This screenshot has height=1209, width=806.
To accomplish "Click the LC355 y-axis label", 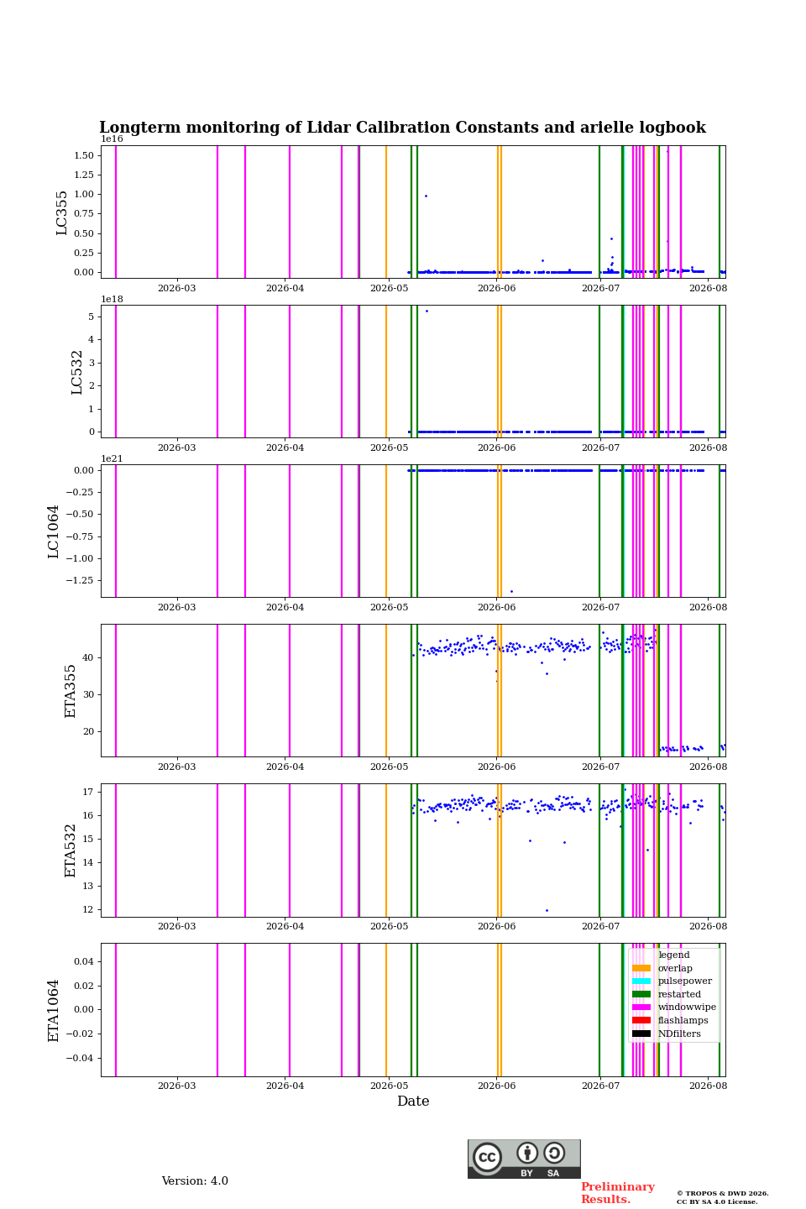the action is point(61,212).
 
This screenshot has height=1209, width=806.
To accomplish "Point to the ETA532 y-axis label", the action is point(71,850).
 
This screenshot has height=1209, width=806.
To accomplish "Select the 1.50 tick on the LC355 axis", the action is point(84,155).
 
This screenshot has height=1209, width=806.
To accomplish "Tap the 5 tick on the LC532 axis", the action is point(92,317).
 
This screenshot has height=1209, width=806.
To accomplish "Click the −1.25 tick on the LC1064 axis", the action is point(80,580).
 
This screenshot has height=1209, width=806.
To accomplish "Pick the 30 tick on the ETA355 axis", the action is point(88,694).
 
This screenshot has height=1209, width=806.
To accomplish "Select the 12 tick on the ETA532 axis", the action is point(88,909).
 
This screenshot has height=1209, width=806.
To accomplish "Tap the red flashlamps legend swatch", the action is point(641,1020).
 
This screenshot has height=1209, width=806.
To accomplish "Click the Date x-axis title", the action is point(413,1102).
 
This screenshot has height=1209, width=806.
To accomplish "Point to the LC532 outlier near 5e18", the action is point(427,311).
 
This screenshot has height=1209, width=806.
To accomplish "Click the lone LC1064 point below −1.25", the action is point(512,592).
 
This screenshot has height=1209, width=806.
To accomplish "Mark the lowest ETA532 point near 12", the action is point(547,910).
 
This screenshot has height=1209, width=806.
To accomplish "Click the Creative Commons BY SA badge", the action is point(524,1159).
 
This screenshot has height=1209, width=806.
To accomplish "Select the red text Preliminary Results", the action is point(618,1193).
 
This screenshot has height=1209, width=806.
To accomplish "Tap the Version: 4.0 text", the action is point(195,1181).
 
